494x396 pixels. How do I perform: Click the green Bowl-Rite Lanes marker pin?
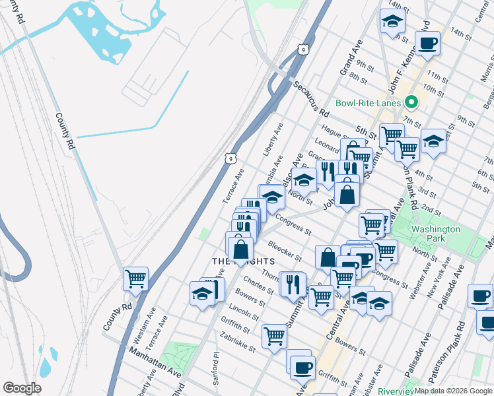tap(411, 102)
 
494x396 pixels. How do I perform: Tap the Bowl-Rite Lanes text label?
tap(369, 103)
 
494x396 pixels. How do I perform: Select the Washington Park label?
tap(435, 234)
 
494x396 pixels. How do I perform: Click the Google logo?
tap(22, 388)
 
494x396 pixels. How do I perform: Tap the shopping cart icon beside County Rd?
tap(135, 279)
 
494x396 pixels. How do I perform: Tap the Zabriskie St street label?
tap(238, 341)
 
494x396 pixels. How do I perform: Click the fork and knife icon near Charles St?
tap(292, 284)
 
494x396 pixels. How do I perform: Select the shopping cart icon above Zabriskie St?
tap(274, 335)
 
